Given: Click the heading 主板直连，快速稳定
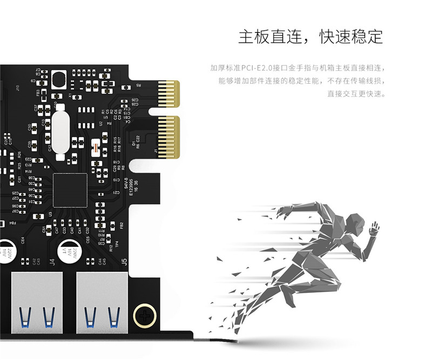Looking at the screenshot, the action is [310, 37].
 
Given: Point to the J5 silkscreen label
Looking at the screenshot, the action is [124, 263].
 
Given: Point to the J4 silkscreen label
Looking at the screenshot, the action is [52, 263].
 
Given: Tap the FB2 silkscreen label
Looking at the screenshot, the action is [122, 225].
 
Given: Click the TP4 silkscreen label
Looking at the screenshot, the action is [117, 244].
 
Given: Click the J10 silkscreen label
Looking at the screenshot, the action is [17, 87].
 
